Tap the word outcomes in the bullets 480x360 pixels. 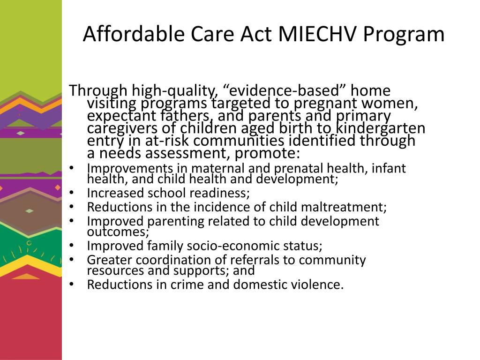coord(117,232)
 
